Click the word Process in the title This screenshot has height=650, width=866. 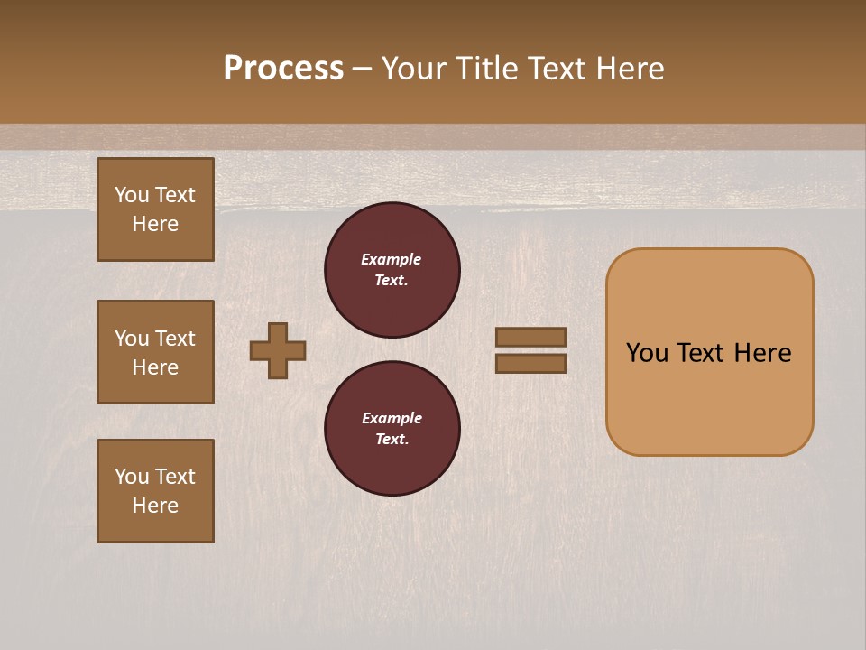[x=283, y=69]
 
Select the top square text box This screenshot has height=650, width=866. [x=155, y=209]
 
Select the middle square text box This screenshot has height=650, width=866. [x=155, y=352]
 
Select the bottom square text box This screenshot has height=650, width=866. [x=155, y=491]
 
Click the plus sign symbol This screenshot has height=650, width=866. [x=278, y=350]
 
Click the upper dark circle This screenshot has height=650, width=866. [x=392, y=270]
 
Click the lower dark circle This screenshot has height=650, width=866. [x=392, y=429]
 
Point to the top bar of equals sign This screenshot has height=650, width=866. [x=531, y=337]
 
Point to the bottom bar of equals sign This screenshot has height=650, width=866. [x=531, y=364]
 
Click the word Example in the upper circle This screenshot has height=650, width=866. [x=392, y=259]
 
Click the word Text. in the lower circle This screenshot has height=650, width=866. [x=392, y=440]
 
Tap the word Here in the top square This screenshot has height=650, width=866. [x=155, y=224]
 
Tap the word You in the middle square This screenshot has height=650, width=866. [x=132, y=339]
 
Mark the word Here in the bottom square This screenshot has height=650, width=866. [x=155, y=506]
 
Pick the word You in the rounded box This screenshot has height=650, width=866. [x=647, y=353]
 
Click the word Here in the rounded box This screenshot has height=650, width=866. [x=762, y=353]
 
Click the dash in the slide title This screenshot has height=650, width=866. [x=363, y=70]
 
